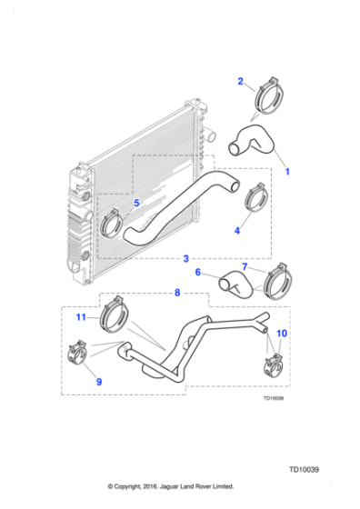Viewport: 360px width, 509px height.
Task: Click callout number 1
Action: (287, 171)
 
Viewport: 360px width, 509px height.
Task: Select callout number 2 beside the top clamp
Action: (241, 81)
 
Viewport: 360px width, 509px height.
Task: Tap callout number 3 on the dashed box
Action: (186, 259)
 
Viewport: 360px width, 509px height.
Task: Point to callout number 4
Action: (237, 231)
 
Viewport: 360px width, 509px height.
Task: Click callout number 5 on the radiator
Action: (136, 203)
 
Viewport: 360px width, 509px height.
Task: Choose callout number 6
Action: (198, 272)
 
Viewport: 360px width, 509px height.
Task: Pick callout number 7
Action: (245, 266)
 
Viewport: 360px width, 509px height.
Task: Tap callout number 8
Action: (177, 293)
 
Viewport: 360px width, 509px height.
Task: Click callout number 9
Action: (99, 382)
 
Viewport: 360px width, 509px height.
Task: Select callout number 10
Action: (282, 334)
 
